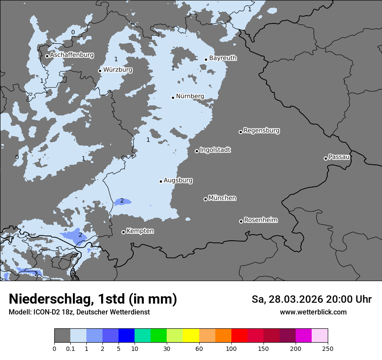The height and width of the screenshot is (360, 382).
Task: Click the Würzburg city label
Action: click(118, 70)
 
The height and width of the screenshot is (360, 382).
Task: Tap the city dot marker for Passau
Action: click(326, 158)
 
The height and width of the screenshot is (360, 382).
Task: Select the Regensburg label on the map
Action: click(261, 131)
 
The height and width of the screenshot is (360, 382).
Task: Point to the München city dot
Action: click(206, 199)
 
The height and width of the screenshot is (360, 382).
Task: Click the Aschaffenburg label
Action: click(72, 55)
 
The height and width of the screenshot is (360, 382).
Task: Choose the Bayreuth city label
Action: click(223, 58)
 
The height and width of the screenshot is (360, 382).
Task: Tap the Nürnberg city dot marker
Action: click(173, 98)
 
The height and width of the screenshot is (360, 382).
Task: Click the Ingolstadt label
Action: click(215, 150)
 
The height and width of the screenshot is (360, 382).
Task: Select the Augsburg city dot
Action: click(161, 181)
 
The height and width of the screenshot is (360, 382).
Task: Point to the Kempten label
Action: click(140, 231)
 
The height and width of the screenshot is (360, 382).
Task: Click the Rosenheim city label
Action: click(260, 220)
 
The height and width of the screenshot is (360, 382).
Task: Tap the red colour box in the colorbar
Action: click(239, 336)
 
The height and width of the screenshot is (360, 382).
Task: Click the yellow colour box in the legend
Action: click(191, 336)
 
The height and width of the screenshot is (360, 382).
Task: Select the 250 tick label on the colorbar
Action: click(328, 348)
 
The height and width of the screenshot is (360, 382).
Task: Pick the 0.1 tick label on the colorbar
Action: click(70, 348)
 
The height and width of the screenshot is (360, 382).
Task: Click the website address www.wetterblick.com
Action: click(313, 312)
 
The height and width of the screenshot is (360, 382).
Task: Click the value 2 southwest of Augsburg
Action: click(122, 200)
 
